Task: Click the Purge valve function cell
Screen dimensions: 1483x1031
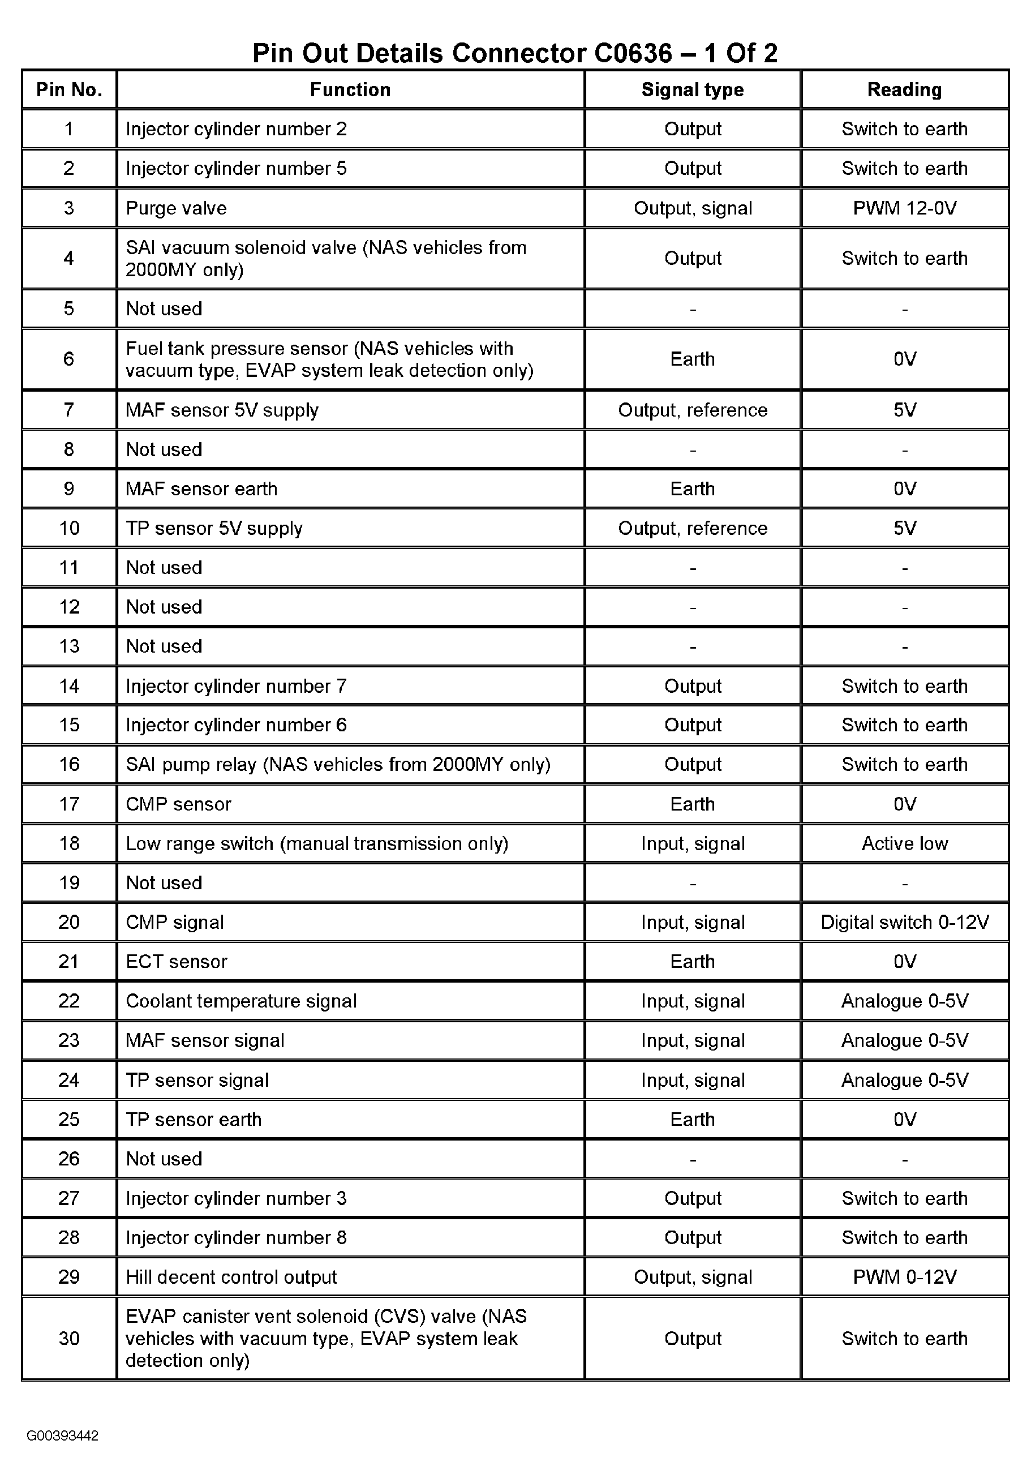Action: (176, 208)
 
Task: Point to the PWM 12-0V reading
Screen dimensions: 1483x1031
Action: (904, 208)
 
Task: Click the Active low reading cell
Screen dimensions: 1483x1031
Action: (904, 843)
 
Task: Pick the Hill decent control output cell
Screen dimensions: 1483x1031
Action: (231, 1277)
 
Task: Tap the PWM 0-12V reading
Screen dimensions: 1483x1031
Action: (904, 1277)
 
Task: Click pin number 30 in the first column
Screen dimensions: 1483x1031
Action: (69, 1338)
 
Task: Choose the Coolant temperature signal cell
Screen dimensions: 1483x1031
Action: (241, 1001)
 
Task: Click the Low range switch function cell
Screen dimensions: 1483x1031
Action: (317, 843)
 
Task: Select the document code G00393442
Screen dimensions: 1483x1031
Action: (63, 1435)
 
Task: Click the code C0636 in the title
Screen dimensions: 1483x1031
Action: (633, 53)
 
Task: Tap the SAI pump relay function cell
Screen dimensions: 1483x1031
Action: (338, 764)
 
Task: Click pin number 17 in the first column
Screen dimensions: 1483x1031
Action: (69, 804)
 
